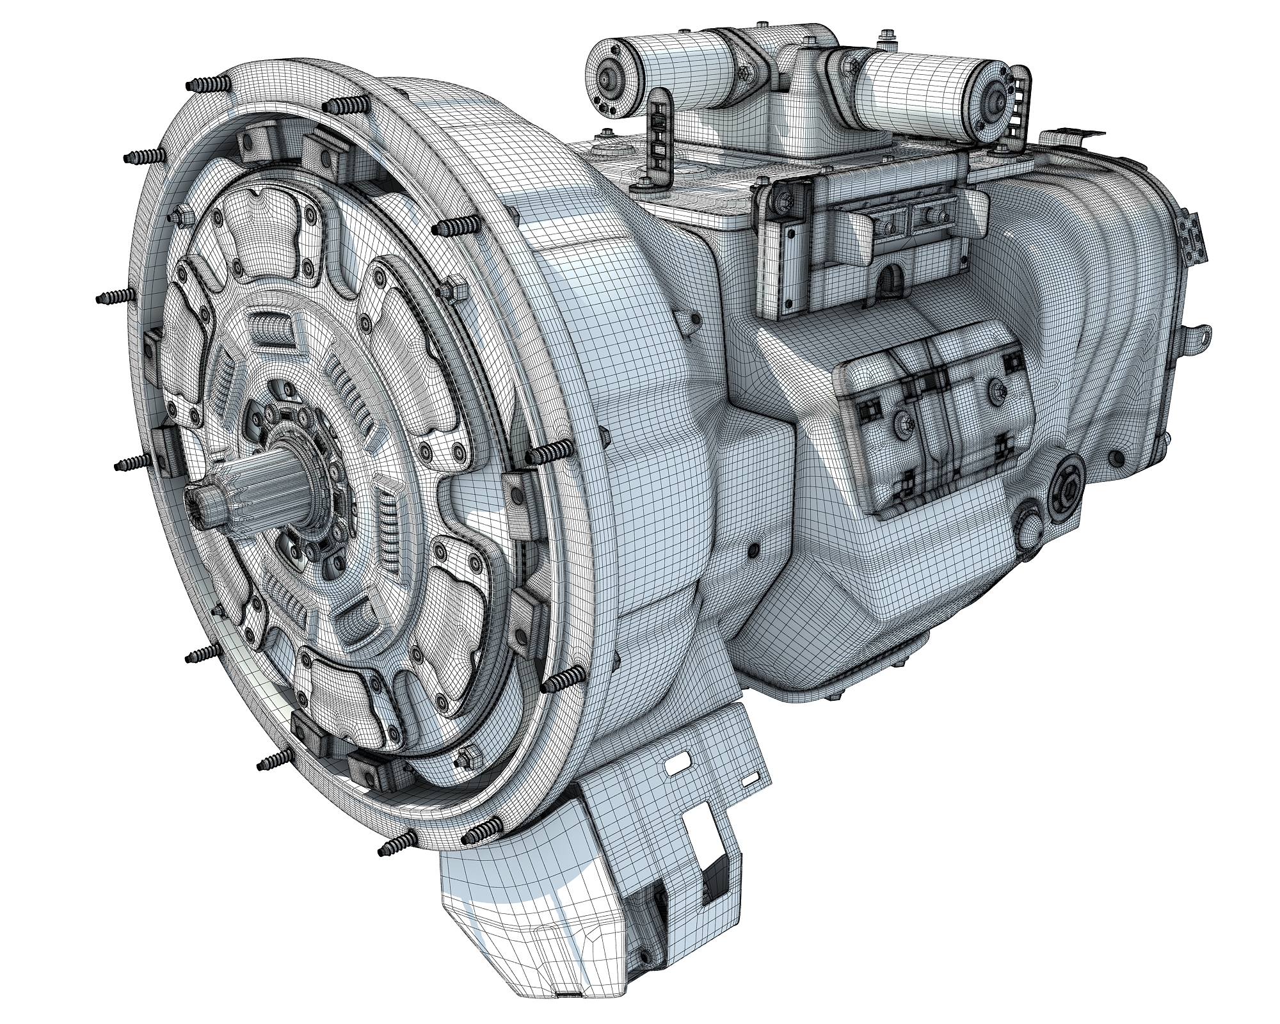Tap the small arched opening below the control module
[892, 280]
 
